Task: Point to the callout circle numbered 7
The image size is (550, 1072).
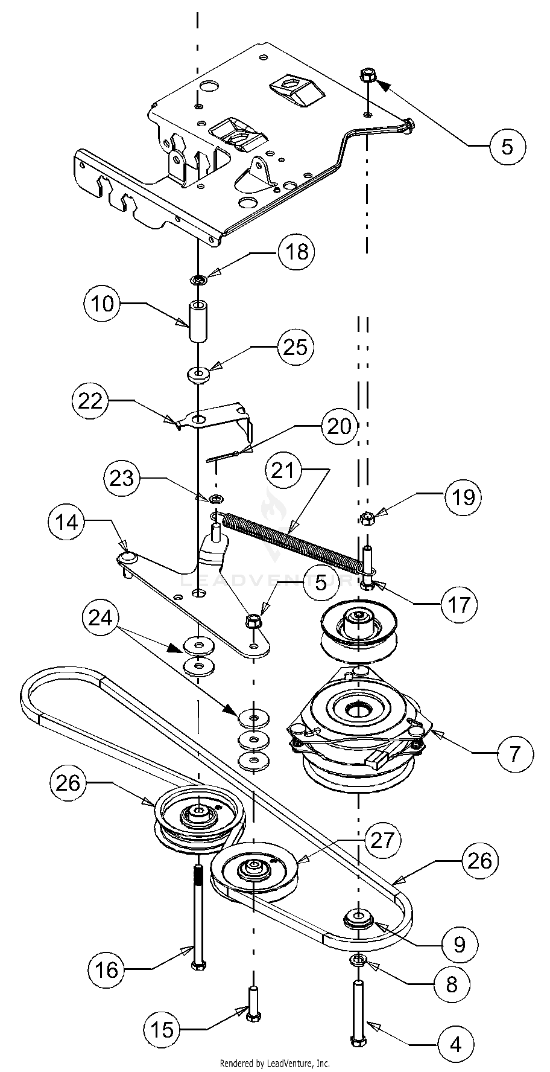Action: click(x=514, y=753)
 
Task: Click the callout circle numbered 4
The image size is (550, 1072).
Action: click(x=456, y=1044)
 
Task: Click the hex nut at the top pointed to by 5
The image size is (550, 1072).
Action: click(x=367, y=77)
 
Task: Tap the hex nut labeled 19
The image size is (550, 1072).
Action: click(x=366, y=518)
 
